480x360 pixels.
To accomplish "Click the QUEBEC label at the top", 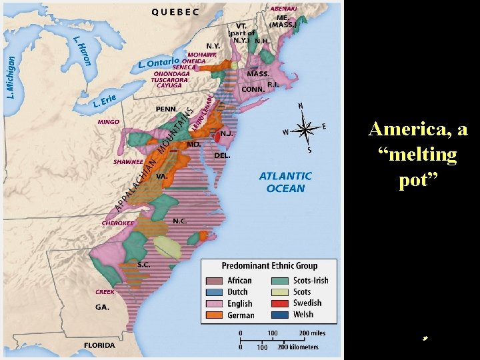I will tap(175, 11).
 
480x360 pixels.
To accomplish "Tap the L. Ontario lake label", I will tap(159, 63).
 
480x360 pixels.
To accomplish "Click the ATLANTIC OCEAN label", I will tap(285, 182).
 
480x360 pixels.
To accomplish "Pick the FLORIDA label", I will tap(99, 345).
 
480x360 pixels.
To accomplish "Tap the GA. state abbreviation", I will tap(102, 307).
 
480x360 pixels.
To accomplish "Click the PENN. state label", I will tap(166, 109).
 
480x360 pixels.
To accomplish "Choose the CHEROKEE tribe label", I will tap(117, 223).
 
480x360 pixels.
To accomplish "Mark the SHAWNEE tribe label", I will tap(128, 161).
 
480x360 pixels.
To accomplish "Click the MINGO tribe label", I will tap(108, 122).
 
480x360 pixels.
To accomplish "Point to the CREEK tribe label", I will tap(105, 292).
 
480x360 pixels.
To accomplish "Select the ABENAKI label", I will tap(284, 8).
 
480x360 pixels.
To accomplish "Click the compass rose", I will tap(304, 128).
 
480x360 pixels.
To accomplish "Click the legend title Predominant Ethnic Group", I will tap(269, 265).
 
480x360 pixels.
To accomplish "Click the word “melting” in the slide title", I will tap(417, 155).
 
